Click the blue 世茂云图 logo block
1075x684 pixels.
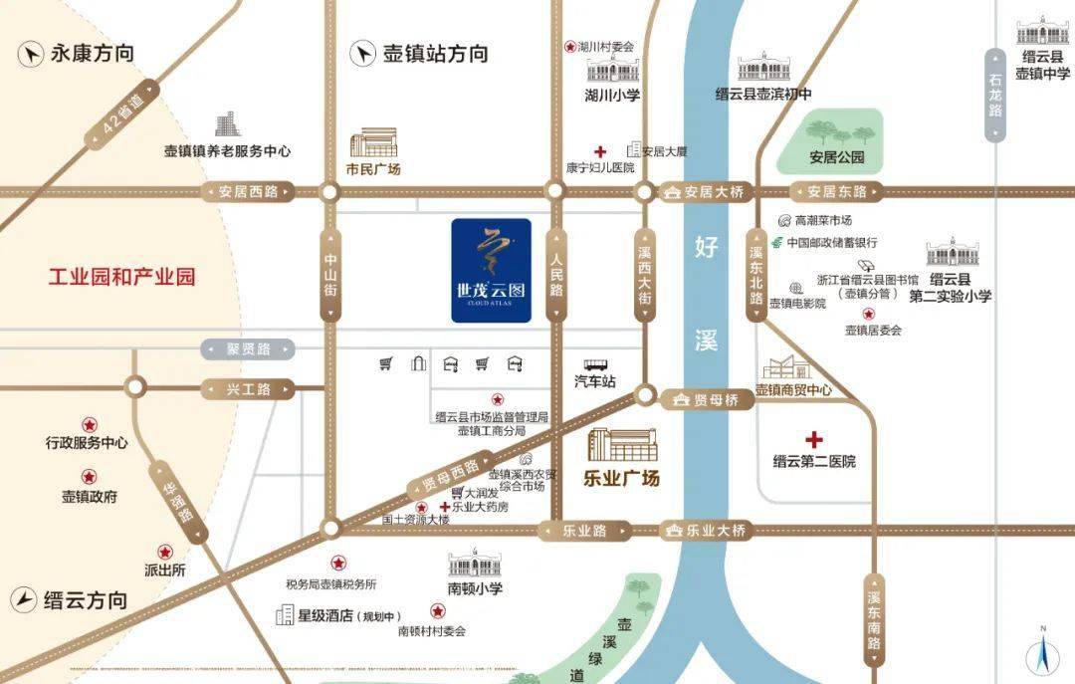491,271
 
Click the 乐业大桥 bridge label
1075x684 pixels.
708,531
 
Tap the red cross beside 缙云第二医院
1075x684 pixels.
814,439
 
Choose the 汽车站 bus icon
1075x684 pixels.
596,364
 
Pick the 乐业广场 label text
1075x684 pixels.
621,478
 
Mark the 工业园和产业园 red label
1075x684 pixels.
122,276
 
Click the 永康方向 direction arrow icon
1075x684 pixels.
31,54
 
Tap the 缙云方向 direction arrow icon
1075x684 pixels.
24,599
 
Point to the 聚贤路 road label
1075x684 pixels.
249,349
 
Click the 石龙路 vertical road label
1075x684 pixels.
995,96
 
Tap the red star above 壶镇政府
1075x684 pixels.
90,477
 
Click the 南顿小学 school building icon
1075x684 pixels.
475,565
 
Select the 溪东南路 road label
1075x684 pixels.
874,620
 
